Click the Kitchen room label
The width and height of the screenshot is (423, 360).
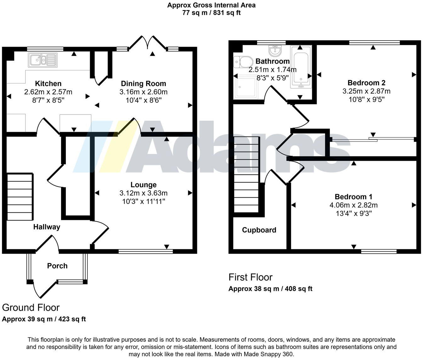point(48,84)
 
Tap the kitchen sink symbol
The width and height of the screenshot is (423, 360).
point(42,60)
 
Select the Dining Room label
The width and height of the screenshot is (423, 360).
point(144,84)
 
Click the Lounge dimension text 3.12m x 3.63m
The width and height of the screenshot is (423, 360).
point(144,193)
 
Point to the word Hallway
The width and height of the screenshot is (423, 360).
point(47,227)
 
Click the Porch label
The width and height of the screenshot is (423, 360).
point(57,266)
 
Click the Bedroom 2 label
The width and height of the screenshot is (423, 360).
point(366,83)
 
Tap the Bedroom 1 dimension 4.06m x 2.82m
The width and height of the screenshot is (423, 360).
point(353,205)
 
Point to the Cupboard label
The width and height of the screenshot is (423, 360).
point(259,230)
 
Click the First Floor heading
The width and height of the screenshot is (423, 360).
point(250,277)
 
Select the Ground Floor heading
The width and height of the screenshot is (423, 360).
point(31,307)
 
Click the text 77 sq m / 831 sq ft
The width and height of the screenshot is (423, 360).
point(211,13)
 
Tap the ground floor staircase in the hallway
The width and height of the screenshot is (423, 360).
point(20,197)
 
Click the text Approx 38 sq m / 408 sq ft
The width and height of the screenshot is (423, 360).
point(270,289)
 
